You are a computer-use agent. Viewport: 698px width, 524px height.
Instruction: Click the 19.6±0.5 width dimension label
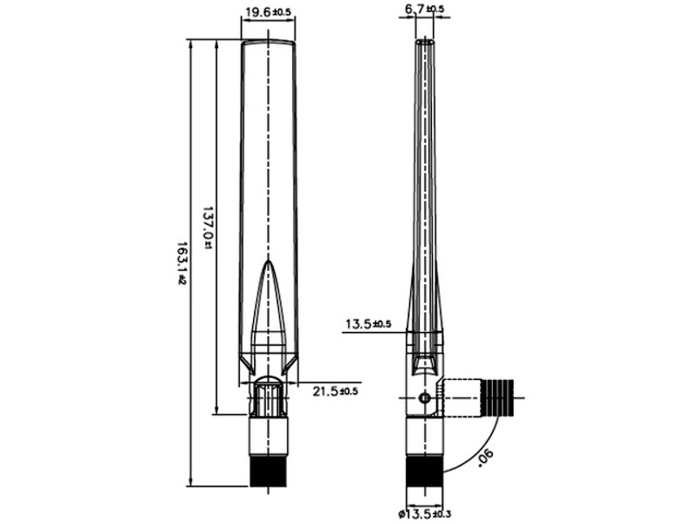point(267,12)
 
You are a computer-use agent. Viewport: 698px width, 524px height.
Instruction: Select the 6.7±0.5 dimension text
point(424,10)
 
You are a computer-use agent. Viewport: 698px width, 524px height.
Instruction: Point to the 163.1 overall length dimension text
point(182,263)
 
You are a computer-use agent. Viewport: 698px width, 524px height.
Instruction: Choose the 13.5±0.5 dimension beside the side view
point(368,324)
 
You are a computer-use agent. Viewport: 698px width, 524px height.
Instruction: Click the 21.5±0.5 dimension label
point(335,390)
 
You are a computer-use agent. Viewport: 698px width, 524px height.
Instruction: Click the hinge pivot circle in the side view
point(425,398)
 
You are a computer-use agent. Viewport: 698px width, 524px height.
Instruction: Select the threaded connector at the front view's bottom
point(269,470)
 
